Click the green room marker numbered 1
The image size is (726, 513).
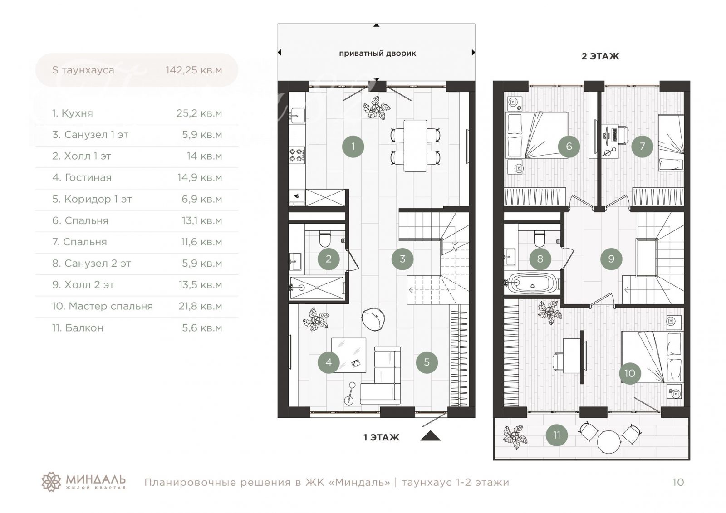353,147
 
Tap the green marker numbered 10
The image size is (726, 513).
630,373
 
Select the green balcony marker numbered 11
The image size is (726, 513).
556,435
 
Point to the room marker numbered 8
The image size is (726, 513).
540,259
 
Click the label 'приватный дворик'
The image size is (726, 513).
377,54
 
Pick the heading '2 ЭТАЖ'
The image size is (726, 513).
600,56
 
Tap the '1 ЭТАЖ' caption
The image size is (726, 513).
382,438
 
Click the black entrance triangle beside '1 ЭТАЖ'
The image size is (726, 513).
431,436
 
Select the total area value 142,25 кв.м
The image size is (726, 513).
194,70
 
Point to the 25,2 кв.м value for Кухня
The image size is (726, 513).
199,113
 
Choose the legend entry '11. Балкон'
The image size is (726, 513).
78,328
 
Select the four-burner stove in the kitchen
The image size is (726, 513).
297,155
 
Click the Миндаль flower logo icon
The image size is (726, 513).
51,482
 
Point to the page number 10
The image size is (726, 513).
678,482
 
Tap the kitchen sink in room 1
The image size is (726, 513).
297,116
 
